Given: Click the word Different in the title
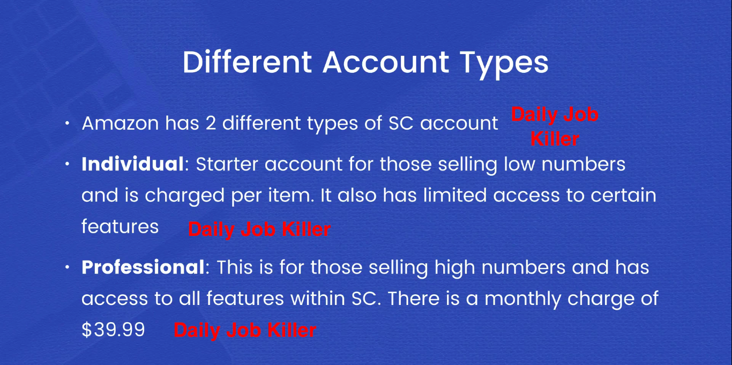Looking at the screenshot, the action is pyautogui.click(x=247, y=62).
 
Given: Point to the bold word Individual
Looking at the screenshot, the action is pyautogui.click(x=133, y=163).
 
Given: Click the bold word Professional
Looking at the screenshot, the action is pyautogui.click(x=143, y=267).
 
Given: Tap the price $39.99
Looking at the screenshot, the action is pyautogui.click(x=113, y=330).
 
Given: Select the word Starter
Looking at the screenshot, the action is pyautogui.click(x=227, y=164).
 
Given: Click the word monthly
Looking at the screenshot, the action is pyautogui.click(x=522, y=299).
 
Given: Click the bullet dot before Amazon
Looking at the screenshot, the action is pyautogui.click(x=68, y=123).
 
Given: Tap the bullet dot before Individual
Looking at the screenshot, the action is pyautogui.click(x=68, y=163).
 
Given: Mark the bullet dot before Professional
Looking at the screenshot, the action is pyautogui.click(x=68, y=267).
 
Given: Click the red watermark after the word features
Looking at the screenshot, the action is pyautogui.click(x=259, y=229).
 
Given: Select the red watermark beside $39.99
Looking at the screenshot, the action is pyautogui.click(x=245, y=330).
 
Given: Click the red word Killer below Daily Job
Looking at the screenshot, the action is pyautogui.click(x=555, y=139).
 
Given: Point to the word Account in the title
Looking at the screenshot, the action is pyautogui.click(x=385, y=62).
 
